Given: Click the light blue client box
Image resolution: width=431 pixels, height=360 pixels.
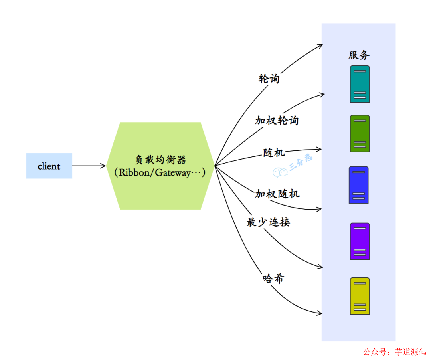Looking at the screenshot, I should click(x=49, y=166).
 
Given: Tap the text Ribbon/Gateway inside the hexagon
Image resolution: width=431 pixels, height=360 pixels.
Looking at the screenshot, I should click(x=160, y=173).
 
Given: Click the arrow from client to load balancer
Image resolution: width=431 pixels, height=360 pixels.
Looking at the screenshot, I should click(x=89, y=166).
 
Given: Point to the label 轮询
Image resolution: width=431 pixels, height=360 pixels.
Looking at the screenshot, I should click(x=269, y=79).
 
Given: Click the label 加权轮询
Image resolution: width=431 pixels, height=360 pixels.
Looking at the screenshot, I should click(x=277, y=120).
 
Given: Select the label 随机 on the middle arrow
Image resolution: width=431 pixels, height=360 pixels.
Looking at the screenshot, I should click(x=274, y=152).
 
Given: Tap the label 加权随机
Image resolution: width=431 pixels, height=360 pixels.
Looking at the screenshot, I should click(x=277, y=194).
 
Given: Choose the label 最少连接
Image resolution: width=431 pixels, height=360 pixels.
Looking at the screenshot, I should click(x=268, y=222).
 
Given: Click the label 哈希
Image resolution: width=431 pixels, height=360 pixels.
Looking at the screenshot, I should click(x=273, y=278).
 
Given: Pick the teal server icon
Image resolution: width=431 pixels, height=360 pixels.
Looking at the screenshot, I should click(x=360, y=84).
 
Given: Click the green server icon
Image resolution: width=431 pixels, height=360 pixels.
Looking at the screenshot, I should click(x=360, y=133).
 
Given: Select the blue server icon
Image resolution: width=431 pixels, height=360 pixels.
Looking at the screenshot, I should click(x=358, y=185).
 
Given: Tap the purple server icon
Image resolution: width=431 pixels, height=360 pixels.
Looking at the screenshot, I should click(x=360, y=241).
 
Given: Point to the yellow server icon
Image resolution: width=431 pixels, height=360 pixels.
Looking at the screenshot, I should click(x=360, y=296).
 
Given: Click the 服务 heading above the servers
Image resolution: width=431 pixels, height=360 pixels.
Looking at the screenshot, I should click(x=359, y=55).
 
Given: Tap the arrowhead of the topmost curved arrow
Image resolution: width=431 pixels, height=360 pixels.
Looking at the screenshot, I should click(x=320, y=45).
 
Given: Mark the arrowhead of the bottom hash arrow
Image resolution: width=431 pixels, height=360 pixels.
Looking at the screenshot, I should click(x=320, y=313).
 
